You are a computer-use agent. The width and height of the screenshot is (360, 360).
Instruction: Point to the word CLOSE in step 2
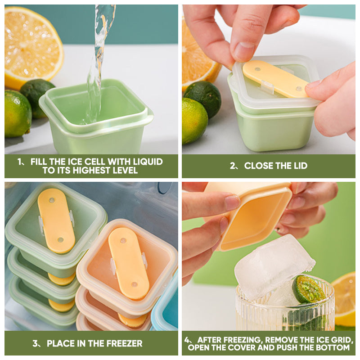(258, 166)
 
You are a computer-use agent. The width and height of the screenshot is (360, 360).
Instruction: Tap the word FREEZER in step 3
(124, 343)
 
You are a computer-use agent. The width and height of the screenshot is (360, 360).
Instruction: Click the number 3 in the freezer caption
(35, 343)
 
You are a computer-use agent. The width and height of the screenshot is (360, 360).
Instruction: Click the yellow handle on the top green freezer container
(56, 220)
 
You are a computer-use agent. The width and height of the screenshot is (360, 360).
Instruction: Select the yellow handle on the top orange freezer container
(129, 263)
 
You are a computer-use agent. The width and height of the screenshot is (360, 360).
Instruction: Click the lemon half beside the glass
(344, 299)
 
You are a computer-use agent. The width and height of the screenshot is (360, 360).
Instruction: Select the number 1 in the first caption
(19, 162)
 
